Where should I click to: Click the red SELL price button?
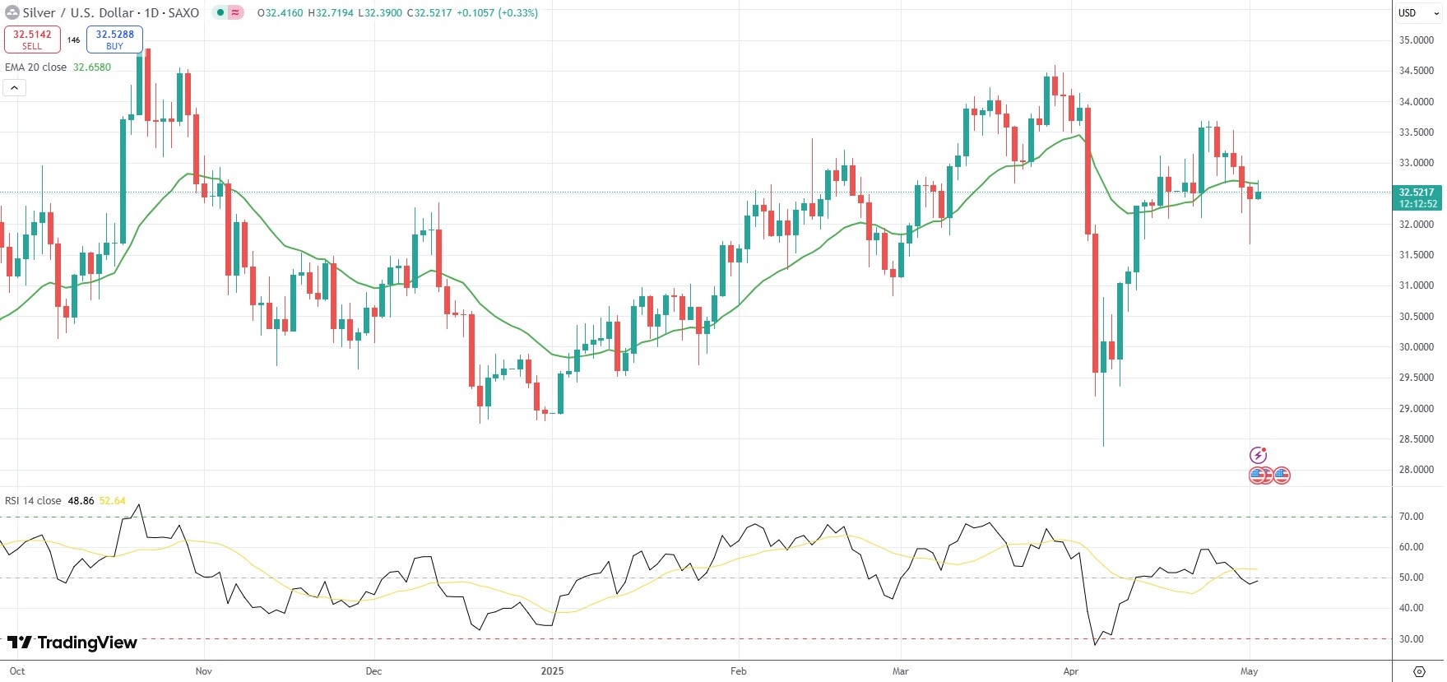(x=32, y=39)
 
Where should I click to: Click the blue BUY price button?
(x=114, y=39)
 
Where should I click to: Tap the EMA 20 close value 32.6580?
(x=92, y=67)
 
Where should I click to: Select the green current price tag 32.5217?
(x=1416, y=197)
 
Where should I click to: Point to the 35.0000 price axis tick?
(x=1416, y=40)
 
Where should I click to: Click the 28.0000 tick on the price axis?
(x=1416, y=470)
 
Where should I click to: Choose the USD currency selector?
(x=1408, y=12)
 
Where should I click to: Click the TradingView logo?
(x=72, y=643)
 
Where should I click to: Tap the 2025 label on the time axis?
(x=552, y=671)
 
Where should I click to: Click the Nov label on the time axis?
(x=204, y=671)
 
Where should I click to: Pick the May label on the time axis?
(x=1249, y=671)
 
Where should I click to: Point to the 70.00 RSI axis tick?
(x=1412, y=517)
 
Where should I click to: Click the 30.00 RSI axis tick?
(x=1412, y=639)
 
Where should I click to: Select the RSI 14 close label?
(x=33, y=501)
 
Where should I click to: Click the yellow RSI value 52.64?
(x=113, y=501)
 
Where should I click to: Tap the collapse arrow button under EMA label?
(x=15, y=87)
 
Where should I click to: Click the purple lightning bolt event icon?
(x=1258, y=455)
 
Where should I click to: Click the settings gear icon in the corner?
(x=1419, y=671)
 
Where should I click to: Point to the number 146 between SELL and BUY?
(x=74, y=39)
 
